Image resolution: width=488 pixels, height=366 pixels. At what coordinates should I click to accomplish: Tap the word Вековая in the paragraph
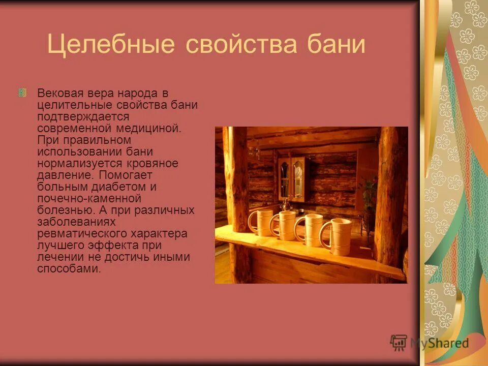(57, 94)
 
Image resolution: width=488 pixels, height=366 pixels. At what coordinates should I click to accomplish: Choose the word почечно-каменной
(89, 198)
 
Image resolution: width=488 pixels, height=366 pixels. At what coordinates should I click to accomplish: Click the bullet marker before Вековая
(23, 93)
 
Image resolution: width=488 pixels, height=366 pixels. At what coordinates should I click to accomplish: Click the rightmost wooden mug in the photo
(337, 236)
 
